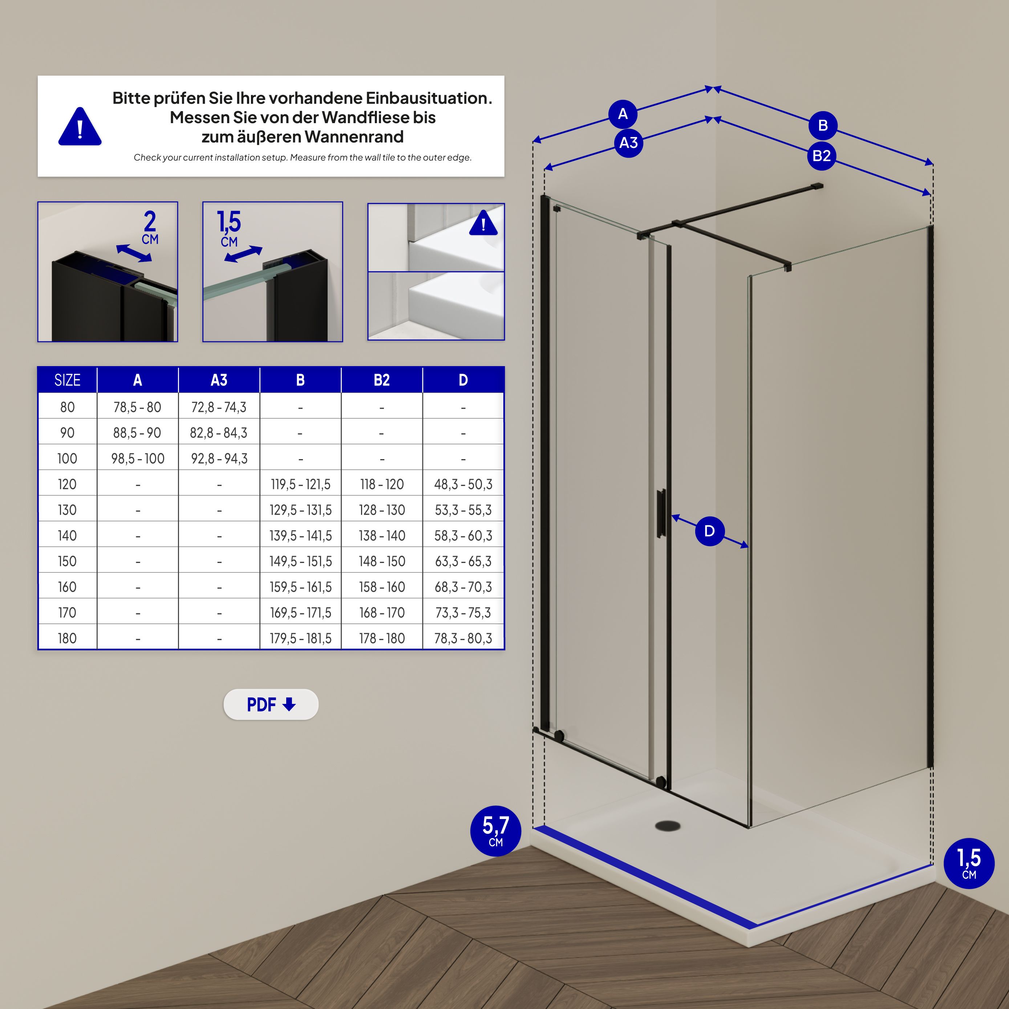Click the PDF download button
tap(271, 705)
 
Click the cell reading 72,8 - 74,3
tap(219, 408)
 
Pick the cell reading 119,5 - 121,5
tap(300, 485)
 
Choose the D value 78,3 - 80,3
tap(463, 638)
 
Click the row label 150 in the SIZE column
tap(67, 562)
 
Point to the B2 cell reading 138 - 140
tap(382, 536)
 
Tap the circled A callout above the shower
tap(623, 114)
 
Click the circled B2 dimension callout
tap(822, 155)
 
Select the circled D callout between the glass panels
tap(709, 531)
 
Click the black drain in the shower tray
tap(668, 826)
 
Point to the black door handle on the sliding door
tap(661, 513)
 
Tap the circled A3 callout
tap(628, 143)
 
